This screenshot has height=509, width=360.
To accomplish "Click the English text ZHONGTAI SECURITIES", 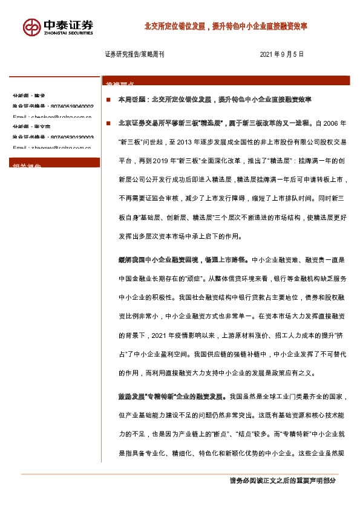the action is pyautogui.click(x=68, y=34).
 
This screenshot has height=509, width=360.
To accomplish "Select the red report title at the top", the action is pyautogui.click(x=226, y=27).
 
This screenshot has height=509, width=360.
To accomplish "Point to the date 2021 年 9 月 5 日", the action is pyautogui.click(x=282, y=54).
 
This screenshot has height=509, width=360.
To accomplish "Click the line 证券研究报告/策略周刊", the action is pyautogui.click(x=134, y=54).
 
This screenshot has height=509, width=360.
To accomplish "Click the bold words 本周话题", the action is pyautogui.click(x=131, y=99).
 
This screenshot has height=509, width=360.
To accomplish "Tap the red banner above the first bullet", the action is pyautogui.click(x=226, y=81).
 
